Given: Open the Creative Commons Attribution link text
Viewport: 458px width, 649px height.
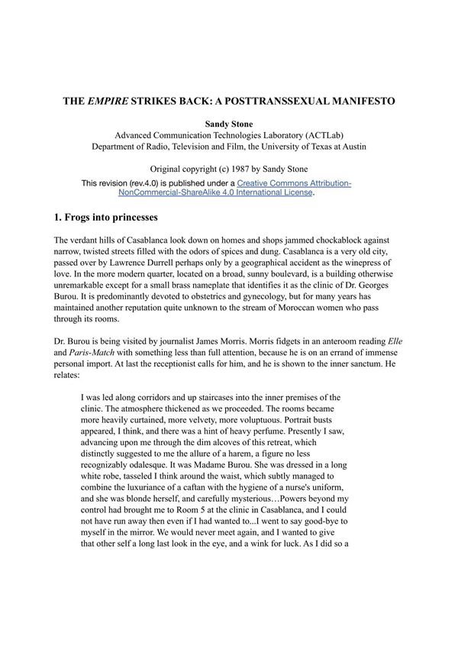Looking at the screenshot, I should [294, 184].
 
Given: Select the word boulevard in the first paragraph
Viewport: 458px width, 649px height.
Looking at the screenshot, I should [289, 275].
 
